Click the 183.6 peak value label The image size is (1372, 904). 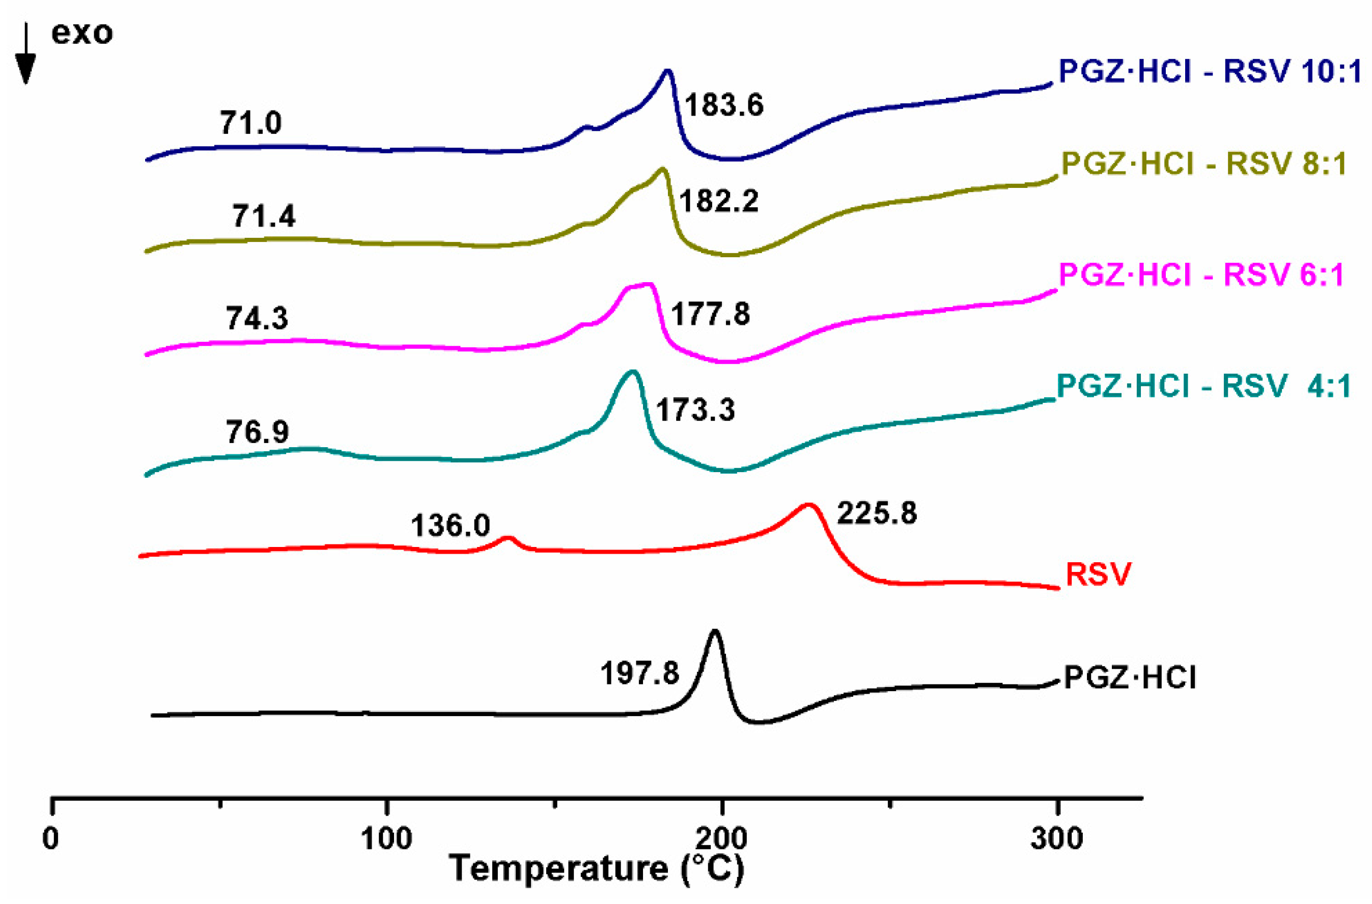tap(724, 105)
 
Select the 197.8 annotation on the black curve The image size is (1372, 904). tap(639, 673)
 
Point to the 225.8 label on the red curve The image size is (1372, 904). tap(876, 512)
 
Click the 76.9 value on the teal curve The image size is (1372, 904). tap(257, 431)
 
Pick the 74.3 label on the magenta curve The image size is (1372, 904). tap(257, 318)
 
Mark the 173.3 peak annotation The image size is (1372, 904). tap(695, 410)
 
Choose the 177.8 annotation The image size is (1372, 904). tap(710, 314)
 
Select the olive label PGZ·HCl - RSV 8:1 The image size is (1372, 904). tap(1203, 165)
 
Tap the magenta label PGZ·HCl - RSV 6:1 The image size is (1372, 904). tap(1201, 275)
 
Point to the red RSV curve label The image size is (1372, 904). tap(1098, 574)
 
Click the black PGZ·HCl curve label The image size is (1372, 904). tap(1129, 677)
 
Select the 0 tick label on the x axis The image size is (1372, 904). tap(51, 838)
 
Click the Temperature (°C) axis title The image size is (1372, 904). tap(596, 870)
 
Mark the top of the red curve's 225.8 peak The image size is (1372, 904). tap(809, 505)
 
